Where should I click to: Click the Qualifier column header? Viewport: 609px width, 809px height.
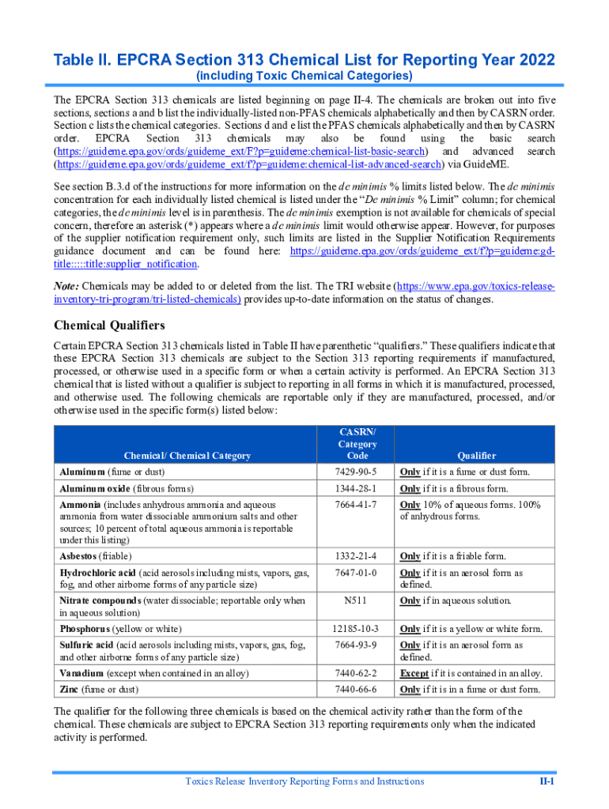(476, 455)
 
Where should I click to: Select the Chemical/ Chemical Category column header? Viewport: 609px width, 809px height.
(187, 455)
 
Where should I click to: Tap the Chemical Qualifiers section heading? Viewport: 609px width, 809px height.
(109, 325)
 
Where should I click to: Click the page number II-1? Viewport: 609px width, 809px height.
(547, 781)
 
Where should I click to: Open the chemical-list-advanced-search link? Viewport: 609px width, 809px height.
(247, 164)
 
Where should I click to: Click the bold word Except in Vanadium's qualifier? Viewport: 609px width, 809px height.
(414, 673)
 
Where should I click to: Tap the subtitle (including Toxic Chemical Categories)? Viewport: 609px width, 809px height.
(304, 76)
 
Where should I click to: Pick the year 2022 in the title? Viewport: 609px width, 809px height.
(528, 60)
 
